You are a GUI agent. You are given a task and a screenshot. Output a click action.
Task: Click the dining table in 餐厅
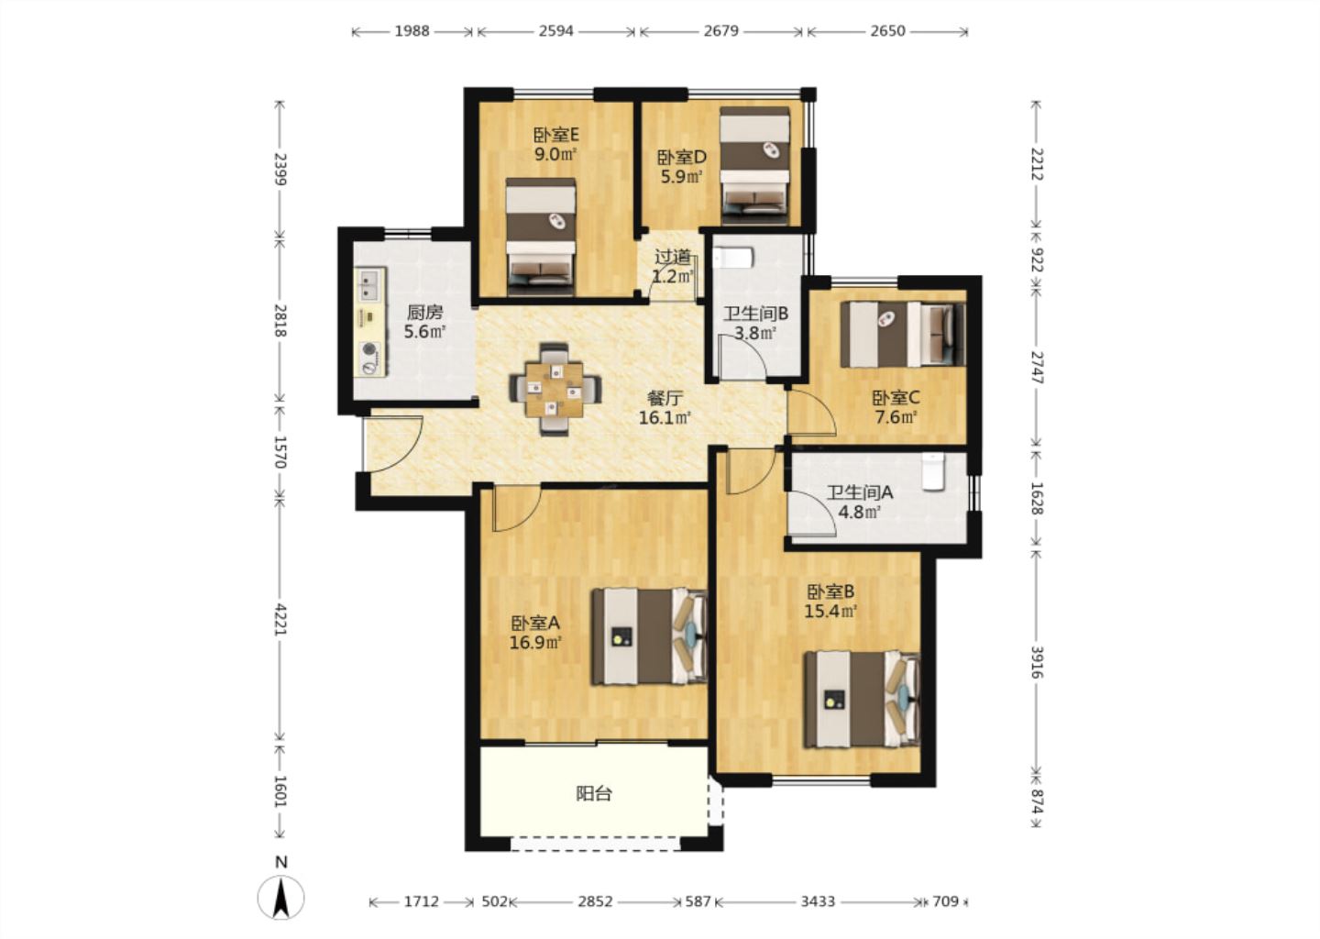coord(555,390)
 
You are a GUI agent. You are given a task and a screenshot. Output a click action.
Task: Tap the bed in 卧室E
coord(541,237)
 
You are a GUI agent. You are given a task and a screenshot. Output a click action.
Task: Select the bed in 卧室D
coord(755,166)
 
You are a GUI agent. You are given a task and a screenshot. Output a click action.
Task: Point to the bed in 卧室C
coord(903,334)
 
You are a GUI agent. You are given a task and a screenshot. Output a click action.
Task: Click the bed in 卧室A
coord(649,636)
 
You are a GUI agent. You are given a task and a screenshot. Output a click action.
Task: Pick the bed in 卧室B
coord(862,699)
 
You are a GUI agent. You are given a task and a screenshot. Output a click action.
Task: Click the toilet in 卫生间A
coord(933,471)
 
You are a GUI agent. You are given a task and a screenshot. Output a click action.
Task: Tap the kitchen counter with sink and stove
coord(369,322)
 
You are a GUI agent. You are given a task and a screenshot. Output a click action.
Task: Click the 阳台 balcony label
coord(594,794)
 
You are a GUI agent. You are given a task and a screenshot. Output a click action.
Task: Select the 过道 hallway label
coord(673,257)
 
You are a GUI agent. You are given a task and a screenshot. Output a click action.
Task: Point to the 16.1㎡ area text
coord(665,418)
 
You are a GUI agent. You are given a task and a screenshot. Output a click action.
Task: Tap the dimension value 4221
coord(280,619)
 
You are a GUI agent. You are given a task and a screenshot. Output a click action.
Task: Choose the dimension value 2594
coord(555,31)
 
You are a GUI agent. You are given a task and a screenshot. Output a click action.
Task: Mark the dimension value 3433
coord(818,901)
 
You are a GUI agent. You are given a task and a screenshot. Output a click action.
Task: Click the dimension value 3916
coord(1037,662)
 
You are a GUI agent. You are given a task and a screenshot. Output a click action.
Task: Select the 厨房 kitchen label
coord(424,313)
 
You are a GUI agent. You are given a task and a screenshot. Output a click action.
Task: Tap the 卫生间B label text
coord(755,314)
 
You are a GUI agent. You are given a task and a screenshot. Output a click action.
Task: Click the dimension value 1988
coord(412,31)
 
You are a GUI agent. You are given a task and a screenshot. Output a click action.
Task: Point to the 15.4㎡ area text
coord(830,612)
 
